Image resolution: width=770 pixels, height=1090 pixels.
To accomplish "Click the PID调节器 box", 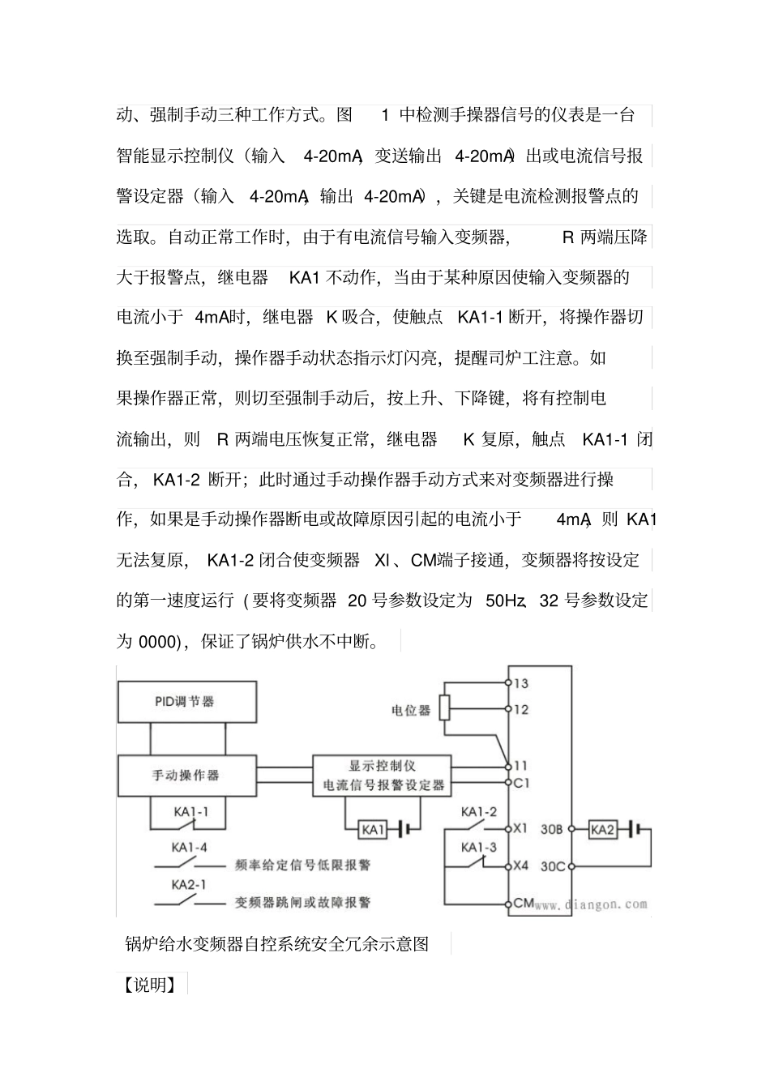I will (187, 702).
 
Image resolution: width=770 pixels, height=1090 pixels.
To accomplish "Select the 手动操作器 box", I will (187, 775).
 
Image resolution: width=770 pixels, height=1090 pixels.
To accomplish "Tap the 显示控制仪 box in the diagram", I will (383, 775).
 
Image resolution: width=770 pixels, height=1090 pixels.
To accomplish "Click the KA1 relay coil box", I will (373, 829).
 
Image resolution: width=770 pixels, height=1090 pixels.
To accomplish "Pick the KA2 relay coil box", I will (602, 829).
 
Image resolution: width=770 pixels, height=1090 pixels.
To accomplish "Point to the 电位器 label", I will (411, 710).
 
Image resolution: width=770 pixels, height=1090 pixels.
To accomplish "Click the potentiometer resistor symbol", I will (445, 707).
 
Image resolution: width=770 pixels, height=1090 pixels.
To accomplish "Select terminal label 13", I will (521, 683).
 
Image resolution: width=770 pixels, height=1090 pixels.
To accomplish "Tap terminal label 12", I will (521, 709).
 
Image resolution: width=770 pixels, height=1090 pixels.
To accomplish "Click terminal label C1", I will (522, 783).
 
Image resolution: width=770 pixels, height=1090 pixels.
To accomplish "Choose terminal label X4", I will (521, 866).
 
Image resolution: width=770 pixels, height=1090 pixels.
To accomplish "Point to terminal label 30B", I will (552, 829).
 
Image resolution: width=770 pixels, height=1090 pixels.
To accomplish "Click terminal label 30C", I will (553, 866).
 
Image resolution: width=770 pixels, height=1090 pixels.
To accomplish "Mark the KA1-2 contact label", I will (479, 812).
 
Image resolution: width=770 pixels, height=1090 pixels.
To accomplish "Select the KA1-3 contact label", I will (479, 848).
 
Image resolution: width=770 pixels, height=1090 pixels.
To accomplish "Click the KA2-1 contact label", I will (188, 885).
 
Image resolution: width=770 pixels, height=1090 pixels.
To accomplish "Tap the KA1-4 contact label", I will (189, 848).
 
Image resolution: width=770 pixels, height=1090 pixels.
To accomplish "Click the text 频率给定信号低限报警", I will (303, 865).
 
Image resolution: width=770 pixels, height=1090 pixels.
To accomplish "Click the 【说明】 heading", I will (150, 985).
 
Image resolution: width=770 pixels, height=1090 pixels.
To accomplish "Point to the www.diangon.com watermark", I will (591, 904).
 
